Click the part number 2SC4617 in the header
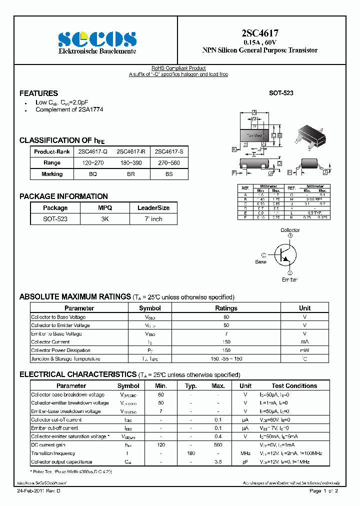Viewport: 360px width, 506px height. click(x=259, y=34)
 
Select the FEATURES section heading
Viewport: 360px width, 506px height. click(x=38, y=93)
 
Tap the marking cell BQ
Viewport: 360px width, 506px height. click(x=93, y=174)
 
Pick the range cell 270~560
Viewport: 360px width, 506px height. click(x=169, y=162)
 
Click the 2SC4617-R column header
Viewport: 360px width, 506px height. click(x=131, y=151)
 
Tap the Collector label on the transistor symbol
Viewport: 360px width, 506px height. click(x=290, y=230)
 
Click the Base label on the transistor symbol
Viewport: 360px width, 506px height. click(x=260, y=261)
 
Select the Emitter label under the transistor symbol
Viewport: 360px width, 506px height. click(x=289, y=279)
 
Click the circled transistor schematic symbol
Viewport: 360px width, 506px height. click(x=283, y=254)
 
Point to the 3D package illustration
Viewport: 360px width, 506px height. click(x=310, y=136)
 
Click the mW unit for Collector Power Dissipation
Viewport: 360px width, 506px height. click(x=304, y=350)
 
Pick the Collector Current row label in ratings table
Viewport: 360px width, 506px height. click(x=50, y=342)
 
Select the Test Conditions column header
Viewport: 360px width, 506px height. click(x=294, y=386)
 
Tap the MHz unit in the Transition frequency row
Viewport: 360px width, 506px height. click(x=245, y=453)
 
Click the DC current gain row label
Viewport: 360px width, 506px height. click(x=49, y=445)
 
